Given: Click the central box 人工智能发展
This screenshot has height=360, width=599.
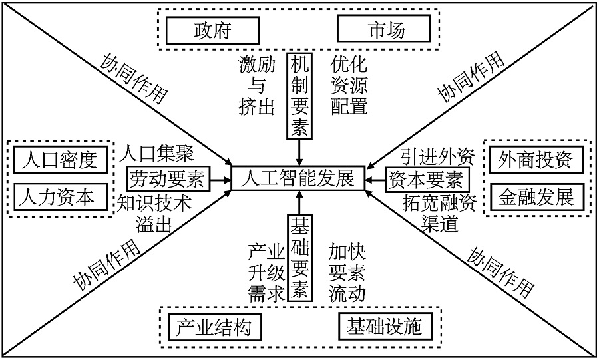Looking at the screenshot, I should (299, 179).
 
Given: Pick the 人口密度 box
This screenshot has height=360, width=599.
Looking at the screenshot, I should (59, 160).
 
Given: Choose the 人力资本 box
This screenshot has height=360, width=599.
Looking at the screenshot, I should (59, 196).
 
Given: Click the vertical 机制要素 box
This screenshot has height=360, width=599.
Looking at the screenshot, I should (299, 96).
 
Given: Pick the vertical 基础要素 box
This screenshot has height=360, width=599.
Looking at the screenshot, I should (299, 258).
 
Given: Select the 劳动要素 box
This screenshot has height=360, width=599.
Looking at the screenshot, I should (167, 178).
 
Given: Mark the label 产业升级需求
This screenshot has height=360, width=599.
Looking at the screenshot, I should (266, 273).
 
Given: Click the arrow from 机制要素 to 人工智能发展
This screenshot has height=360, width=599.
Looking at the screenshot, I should (299, 152).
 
